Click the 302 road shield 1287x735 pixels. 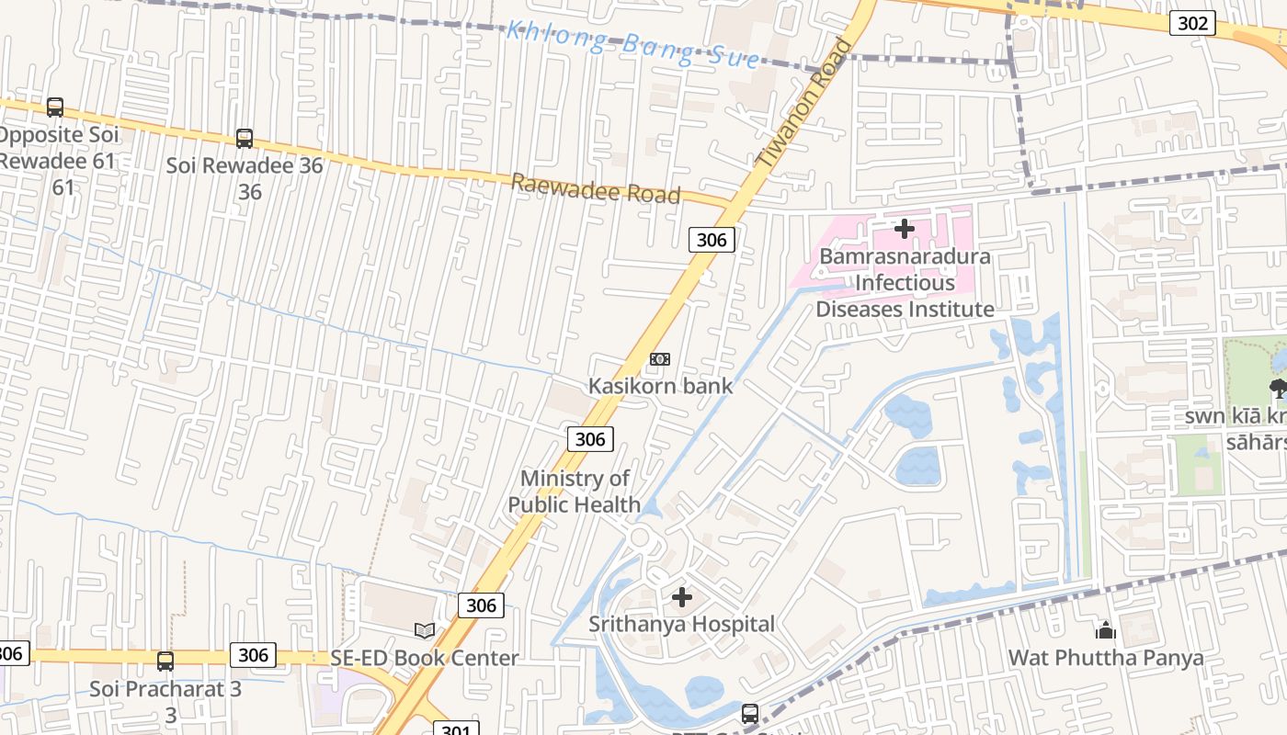point(1192,23)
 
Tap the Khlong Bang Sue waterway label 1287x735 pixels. point(633,45)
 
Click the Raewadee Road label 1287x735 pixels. point(596,188)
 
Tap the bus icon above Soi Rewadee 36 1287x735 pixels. point(245,139)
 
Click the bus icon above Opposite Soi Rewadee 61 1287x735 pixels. point(55,107)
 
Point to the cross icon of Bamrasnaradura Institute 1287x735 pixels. point(905,228)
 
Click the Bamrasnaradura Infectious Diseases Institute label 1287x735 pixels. point(905,282)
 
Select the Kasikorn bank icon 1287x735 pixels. point(660,359)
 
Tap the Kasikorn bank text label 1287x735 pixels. point(660,386)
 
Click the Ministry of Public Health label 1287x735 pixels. point(575,492)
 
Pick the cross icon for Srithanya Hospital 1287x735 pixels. point(682,598)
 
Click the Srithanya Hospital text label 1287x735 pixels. point(682,624)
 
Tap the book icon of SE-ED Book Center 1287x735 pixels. point(425,630)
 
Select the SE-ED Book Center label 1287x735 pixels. point(425,658)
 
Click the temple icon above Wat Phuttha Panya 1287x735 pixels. point(1105,630)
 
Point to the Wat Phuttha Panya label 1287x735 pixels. point(1105,658)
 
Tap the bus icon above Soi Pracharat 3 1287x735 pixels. point(165,661)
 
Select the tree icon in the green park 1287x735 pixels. point(1278,388)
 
